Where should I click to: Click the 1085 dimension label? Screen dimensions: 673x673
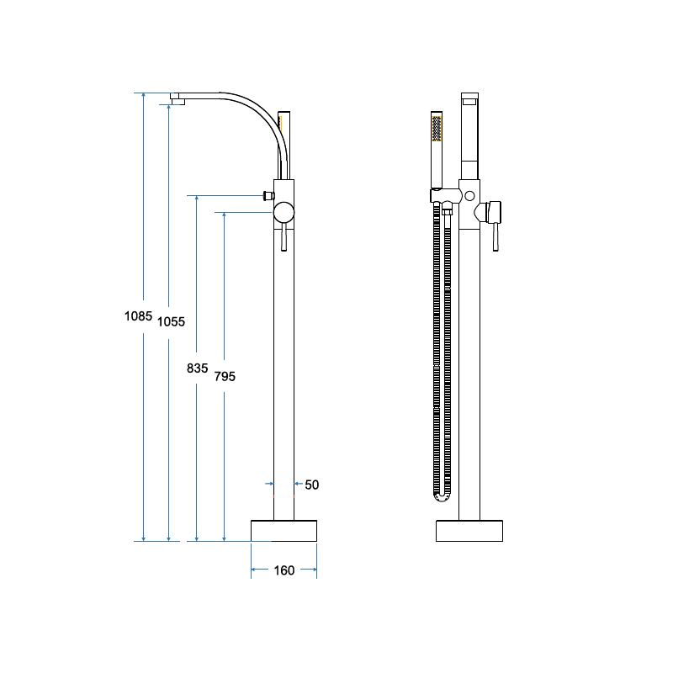pos(138,316)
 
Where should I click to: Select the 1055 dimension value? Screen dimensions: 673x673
pos(171,322)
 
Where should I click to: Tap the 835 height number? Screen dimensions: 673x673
pos(197,368)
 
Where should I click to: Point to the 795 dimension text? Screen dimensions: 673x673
pos(225,376)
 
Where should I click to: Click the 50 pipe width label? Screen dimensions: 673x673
pos(312,485)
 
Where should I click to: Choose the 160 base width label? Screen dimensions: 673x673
pos(284,570)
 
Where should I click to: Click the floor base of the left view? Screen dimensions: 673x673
pos(284,531)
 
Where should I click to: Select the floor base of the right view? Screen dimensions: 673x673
pos(469,531)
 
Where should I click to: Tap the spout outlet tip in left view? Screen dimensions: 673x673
pos(178,101)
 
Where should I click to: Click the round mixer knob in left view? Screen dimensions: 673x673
pos(284,213)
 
